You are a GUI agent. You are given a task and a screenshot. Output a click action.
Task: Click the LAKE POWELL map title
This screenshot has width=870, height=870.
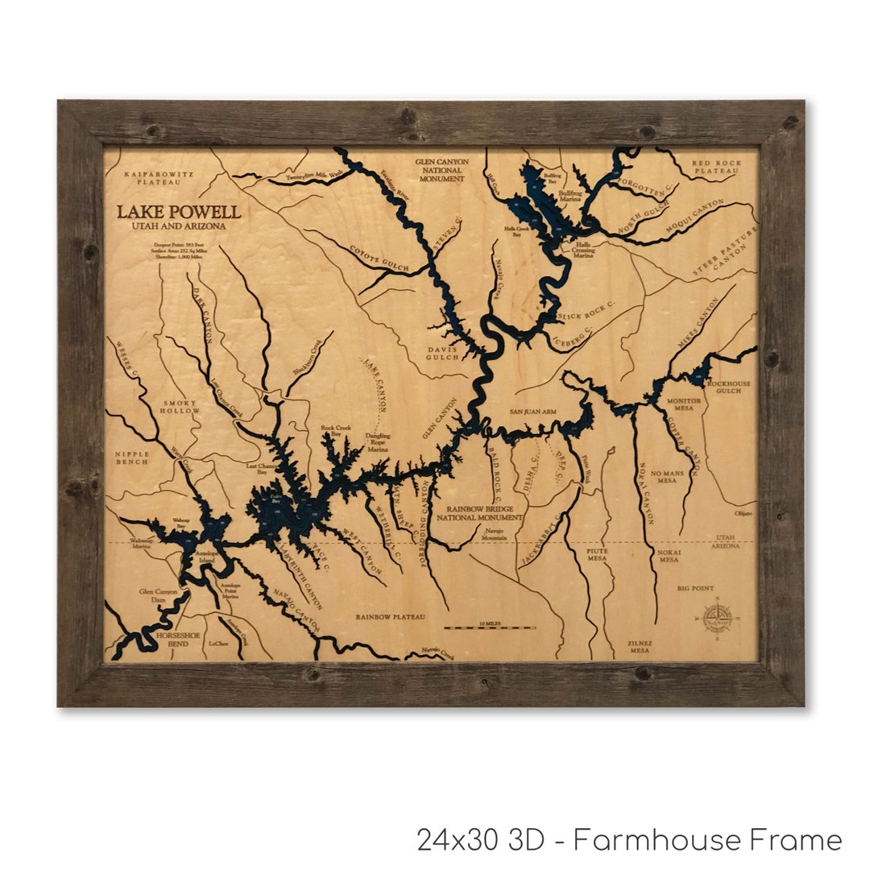(x=178, y=213)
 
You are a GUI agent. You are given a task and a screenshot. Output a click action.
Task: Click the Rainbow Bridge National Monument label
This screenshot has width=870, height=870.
(x=479, y=513)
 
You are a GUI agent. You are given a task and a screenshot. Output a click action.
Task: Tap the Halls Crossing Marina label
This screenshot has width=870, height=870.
(x=582, y=251)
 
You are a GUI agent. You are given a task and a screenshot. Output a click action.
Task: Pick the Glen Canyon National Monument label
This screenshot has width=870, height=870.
(x=441, y=170)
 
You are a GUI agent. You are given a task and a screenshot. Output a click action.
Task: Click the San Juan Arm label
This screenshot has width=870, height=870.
(x=532, y=412)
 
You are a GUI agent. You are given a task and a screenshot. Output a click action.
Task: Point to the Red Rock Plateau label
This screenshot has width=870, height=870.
(x=715, y=167)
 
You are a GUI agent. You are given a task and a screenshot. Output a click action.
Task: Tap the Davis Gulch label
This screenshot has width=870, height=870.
(x=444, y=353)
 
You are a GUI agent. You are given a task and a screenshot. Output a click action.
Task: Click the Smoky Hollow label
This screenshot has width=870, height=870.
(x=180, y=407)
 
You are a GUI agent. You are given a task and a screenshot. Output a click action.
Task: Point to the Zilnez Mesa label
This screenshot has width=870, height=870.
(x=640, y=646)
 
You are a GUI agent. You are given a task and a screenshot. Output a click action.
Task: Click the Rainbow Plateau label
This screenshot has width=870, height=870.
(x=390, y=617)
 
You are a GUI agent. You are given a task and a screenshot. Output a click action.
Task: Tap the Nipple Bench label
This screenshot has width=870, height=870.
(x=131, y=458)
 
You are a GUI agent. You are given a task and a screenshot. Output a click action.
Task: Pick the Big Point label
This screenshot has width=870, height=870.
(x=696, y=589)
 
